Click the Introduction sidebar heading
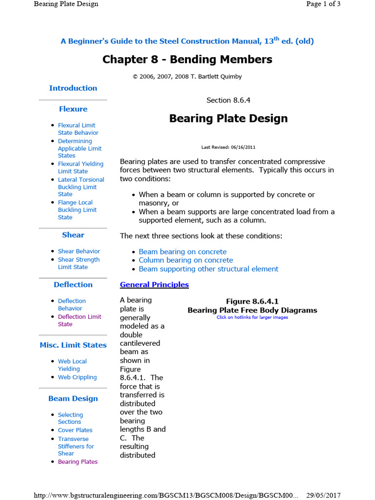click(x=73, y=88)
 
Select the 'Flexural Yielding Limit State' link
click(x=80, y=167)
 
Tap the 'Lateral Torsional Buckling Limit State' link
click(x=81, y=187)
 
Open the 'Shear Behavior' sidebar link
click(x=79, y=251)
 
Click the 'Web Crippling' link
click(x=77, y=377)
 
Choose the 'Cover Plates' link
click(x=75, y=430)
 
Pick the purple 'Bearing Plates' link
click(x=78, y=462)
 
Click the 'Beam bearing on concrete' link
click(x=183, y=252)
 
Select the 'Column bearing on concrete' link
click(x=186, y=260)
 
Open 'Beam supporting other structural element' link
click(x=208, y=269)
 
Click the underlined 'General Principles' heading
click(x=154, y=285)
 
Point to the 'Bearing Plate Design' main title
click(x=228, y=119)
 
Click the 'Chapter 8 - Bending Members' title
click(x=187, y=60)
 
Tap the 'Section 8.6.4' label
click(x=228, y=100)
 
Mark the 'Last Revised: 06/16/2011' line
click(x=228, y=147)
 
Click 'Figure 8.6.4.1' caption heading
click(x=252, y=302)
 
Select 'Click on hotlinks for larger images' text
click(x=252, y=317)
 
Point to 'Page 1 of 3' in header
click(x=323, y=4)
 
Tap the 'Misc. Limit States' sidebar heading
click(x=73, y=345)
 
